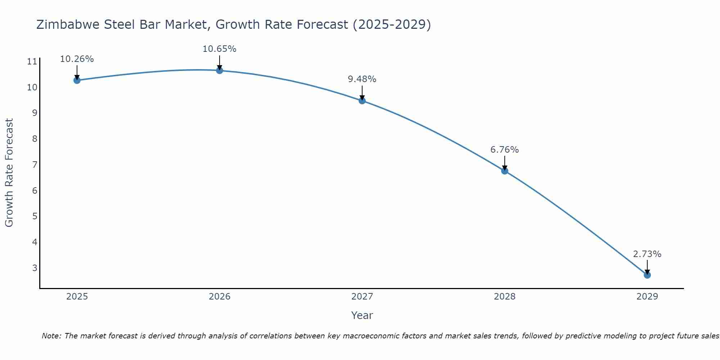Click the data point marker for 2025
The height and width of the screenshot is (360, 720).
pos(77,80)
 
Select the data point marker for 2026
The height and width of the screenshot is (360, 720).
pos(219,70)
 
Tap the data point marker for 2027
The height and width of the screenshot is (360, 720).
pos(362,100)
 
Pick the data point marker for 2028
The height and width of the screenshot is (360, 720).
pos(505,171)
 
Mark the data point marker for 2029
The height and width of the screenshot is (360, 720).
pos(647,275)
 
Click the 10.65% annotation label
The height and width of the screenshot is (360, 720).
pos(219,49)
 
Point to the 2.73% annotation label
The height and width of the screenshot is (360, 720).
pos(647,254)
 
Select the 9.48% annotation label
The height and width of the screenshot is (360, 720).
pos(362,79)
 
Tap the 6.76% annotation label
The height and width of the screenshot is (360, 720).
pos(504,150)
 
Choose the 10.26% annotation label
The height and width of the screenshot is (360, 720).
pos(77,59)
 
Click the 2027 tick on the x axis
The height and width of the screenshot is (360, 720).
pos(362,297)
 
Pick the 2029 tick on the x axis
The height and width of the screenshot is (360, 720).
pos(647,297)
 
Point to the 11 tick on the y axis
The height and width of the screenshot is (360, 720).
pos(32,62)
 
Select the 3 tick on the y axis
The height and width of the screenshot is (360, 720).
pos(35,268)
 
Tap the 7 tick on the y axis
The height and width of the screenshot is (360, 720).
pos(35,165)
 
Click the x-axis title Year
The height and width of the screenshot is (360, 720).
pos(362,315)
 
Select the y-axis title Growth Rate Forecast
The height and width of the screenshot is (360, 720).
pos(9,172)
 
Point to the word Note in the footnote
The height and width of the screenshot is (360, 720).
pos(51,336)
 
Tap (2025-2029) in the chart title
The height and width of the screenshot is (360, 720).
pos(391,24)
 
